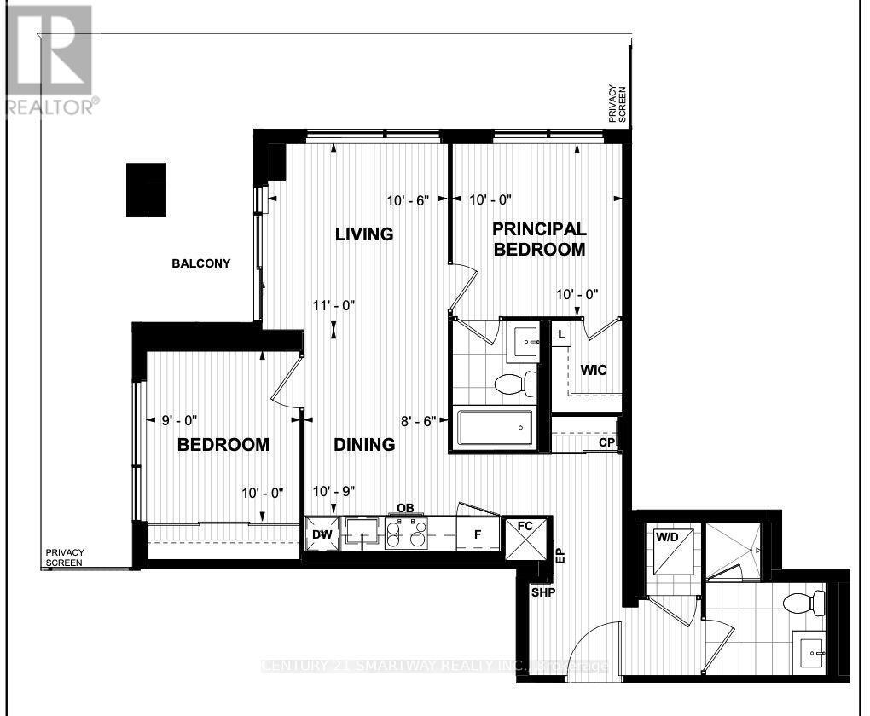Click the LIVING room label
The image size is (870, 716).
pos(363,234)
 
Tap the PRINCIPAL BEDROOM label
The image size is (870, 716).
pos(538,239)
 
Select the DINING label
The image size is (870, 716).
pos(363,444)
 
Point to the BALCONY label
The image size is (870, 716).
pos(200,263)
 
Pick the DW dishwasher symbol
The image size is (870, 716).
pos(322,534)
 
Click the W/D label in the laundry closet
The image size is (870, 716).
pos(666,538)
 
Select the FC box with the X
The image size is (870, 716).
pos(524,538)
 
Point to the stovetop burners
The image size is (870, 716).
pos(406,534)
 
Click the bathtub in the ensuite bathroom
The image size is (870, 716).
pos(495,428)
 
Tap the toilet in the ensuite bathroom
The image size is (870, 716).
pos(517,383)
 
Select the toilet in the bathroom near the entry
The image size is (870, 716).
pos(804,604)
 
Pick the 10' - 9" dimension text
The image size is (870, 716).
pos(333,492)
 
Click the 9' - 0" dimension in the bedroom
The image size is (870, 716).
pos(179,419)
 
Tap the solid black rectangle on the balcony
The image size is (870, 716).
pos(145,189)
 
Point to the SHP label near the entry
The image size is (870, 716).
pos(542,593)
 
